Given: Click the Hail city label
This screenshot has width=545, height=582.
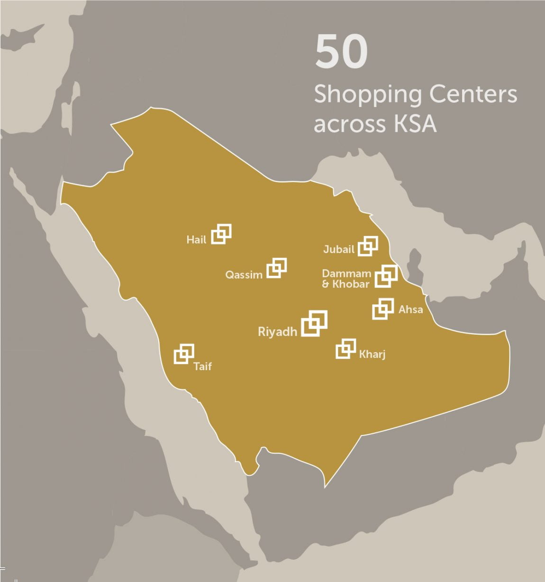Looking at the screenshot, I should point(196,240).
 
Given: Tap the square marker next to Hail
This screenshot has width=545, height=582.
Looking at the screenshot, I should point(221,234).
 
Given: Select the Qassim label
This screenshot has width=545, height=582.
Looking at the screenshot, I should point(244,275).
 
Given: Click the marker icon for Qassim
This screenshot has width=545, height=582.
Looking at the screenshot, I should point(277,268).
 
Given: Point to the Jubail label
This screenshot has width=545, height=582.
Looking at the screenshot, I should point(339,249).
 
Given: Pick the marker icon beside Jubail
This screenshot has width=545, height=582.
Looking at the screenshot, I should point(368,246).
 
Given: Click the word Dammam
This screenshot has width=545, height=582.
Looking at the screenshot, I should point(346,273).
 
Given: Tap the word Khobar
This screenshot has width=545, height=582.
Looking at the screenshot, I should point(351,284).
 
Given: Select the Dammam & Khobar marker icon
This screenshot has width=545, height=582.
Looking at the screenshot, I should point(386,276).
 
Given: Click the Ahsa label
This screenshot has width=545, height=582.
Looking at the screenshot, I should point(410,309).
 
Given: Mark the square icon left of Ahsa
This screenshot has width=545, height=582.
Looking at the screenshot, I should point(383,309).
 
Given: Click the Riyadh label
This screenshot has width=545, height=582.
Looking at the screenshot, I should point(278,332).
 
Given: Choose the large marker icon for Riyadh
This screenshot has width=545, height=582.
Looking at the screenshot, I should point(314,323).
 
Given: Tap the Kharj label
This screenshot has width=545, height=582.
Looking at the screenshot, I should point(372,355).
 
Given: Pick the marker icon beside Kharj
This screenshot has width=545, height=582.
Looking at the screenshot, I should point(346,349).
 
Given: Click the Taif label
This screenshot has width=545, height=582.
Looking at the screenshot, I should point(203,366).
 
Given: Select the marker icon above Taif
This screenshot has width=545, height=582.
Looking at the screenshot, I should point(184,354).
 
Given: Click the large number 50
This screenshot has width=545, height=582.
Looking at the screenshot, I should point(341,51).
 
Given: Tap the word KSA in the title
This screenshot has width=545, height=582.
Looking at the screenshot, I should point(414,124).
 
